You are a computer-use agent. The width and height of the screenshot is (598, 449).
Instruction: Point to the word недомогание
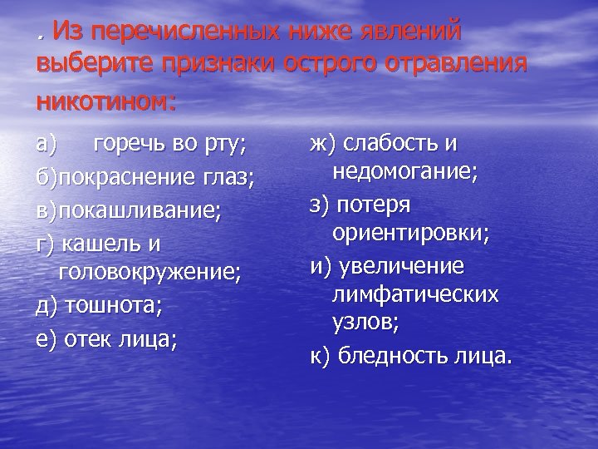[404, 173]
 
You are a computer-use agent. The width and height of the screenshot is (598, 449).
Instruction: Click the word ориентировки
[410, 234]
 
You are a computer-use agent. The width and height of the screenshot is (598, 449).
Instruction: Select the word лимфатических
[414, 294]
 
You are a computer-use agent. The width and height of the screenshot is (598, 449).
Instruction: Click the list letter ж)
[321, 144]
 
